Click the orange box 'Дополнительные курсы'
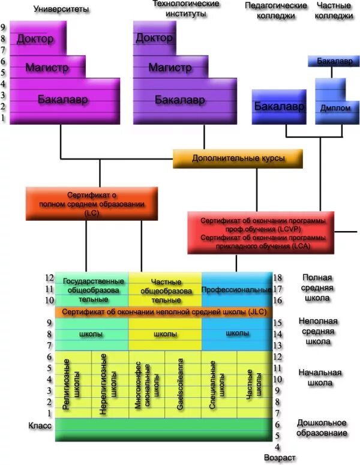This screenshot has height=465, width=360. pos(238,159)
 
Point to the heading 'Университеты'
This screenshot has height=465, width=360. pos(60,10)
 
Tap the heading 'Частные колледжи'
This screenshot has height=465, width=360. pos(334,11)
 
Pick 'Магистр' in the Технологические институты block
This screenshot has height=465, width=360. pos(170,67)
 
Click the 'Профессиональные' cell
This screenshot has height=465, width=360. pos(236,290)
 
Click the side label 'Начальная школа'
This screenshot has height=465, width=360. pos(320,378)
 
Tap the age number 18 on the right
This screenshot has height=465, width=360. pos(278,278)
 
